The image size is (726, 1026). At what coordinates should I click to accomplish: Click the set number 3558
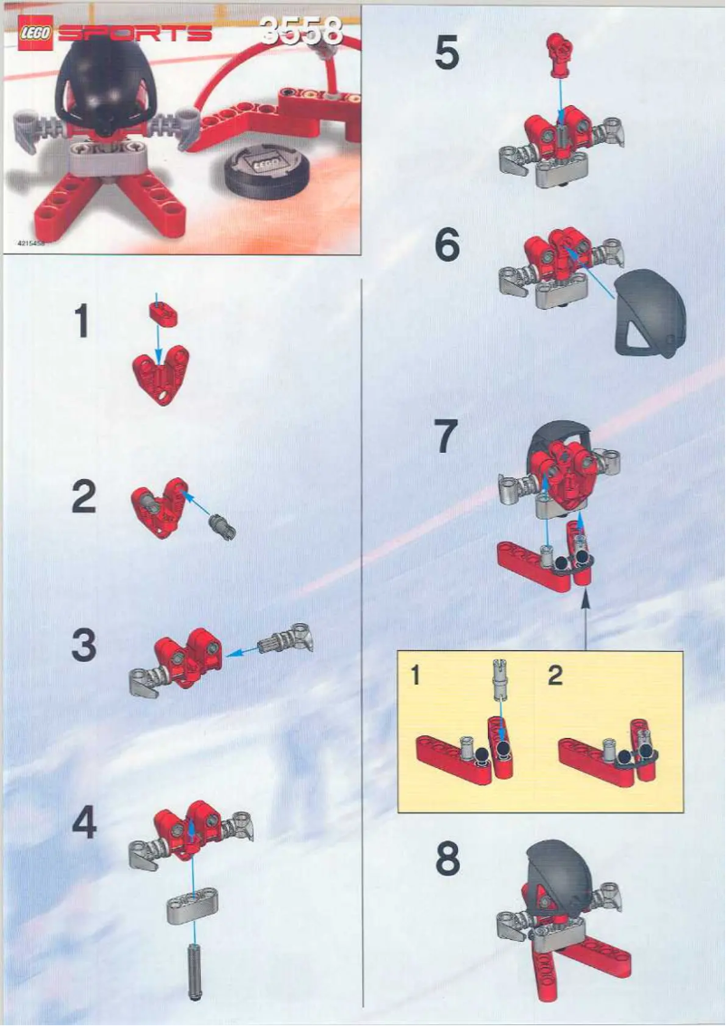click(x=301, y=32)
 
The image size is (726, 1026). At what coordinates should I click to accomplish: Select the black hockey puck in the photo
click(x=261, y=172)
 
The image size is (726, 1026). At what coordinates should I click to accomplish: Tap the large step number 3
click(x=83, y=646)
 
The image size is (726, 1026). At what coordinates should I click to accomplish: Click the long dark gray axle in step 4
click(x=193, y=970)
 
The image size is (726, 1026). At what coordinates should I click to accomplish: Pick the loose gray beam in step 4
click(x=192, y=906)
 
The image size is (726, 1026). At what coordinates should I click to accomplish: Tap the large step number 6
click(x=446, y=245)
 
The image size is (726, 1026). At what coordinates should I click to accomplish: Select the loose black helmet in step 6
click(x=652, y=316)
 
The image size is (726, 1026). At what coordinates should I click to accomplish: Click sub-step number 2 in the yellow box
click(x=555, y=676)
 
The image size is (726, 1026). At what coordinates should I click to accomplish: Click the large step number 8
click(x=447, y=861)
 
